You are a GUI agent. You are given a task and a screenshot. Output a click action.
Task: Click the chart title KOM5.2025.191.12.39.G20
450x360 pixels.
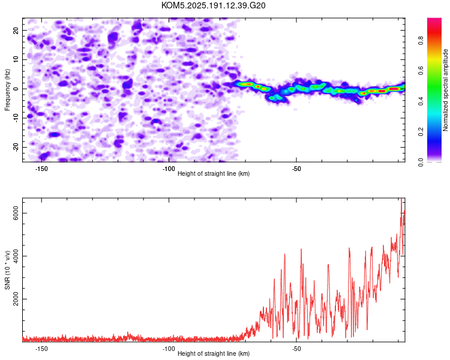click(x=213, y=5)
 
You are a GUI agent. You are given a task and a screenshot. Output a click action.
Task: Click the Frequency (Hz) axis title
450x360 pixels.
click(x=7, y=90)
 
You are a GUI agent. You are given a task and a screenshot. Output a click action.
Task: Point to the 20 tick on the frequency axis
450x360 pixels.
click(x=16, y=30)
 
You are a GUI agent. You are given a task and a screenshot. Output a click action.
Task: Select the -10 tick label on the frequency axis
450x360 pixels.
click(x=16, y=118)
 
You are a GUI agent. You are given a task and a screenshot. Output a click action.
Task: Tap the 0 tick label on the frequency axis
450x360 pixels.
click(x=16, y=89)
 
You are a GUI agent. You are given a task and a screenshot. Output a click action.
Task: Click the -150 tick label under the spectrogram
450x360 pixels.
click(x=41, y=169)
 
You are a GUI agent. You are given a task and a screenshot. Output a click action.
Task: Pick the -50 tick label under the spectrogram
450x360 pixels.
click(x=296, y=169)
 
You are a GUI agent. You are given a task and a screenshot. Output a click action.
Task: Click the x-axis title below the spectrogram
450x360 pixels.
click(x=214, y=173)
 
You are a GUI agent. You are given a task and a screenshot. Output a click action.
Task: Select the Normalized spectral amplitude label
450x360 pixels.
click(x=445, y=90)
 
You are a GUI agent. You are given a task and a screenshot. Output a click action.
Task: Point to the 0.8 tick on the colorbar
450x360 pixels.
click(x=421, y=40)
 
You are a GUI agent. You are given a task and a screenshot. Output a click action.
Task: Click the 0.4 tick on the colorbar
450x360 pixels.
click(x=421, y=101)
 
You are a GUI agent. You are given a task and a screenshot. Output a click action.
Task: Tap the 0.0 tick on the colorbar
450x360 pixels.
click(x=421, y=162)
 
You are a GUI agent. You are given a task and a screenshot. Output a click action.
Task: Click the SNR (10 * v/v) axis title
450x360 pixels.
click(x=7, y=270)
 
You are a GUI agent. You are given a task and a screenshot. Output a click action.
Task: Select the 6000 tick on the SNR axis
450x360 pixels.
click(x=16, y=214)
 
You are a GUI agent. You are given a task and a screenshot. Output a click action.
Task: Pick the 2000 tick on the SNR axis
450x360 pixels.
click(x=16, y=299)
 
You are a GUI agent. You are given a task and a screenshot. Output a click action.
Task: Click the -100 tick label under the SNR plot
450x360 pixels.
click(x=169, y=349)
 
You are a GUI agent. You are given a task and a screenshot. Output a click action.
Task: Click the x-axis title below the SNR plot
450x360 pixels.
click(x=214, y=353)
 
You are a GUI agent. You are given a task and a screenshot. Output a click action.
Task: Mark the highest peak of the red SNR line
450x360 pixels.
click(x=401, y=199)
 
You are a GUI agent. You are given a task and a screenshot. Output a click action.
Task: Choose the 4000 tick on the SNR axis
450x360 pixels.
click(x=16, y=256)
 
